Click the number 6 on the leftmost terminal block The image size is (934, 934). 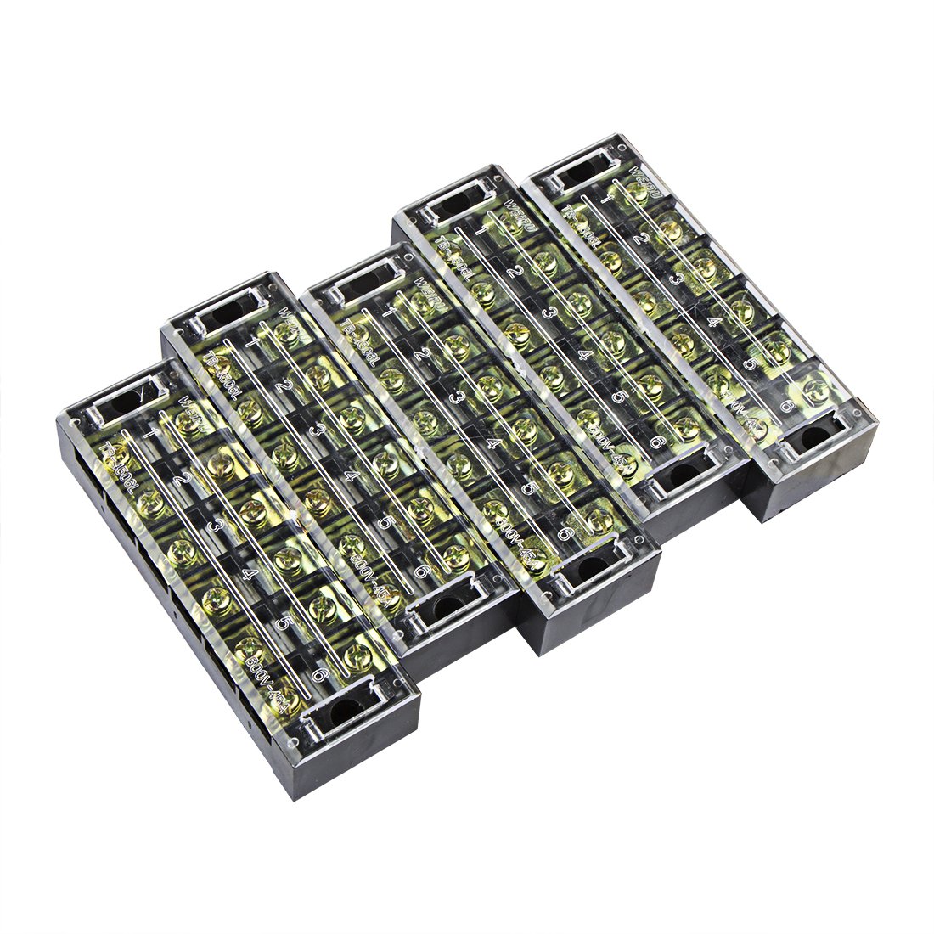pos(319,675)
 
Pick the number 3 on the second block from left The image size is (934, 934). pos(317,430)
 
